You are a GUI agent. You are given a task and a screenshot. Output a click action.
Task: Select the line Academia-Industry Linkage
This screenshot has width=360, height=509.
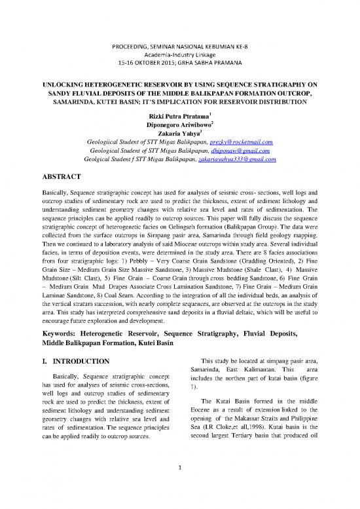pos(179,40)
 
